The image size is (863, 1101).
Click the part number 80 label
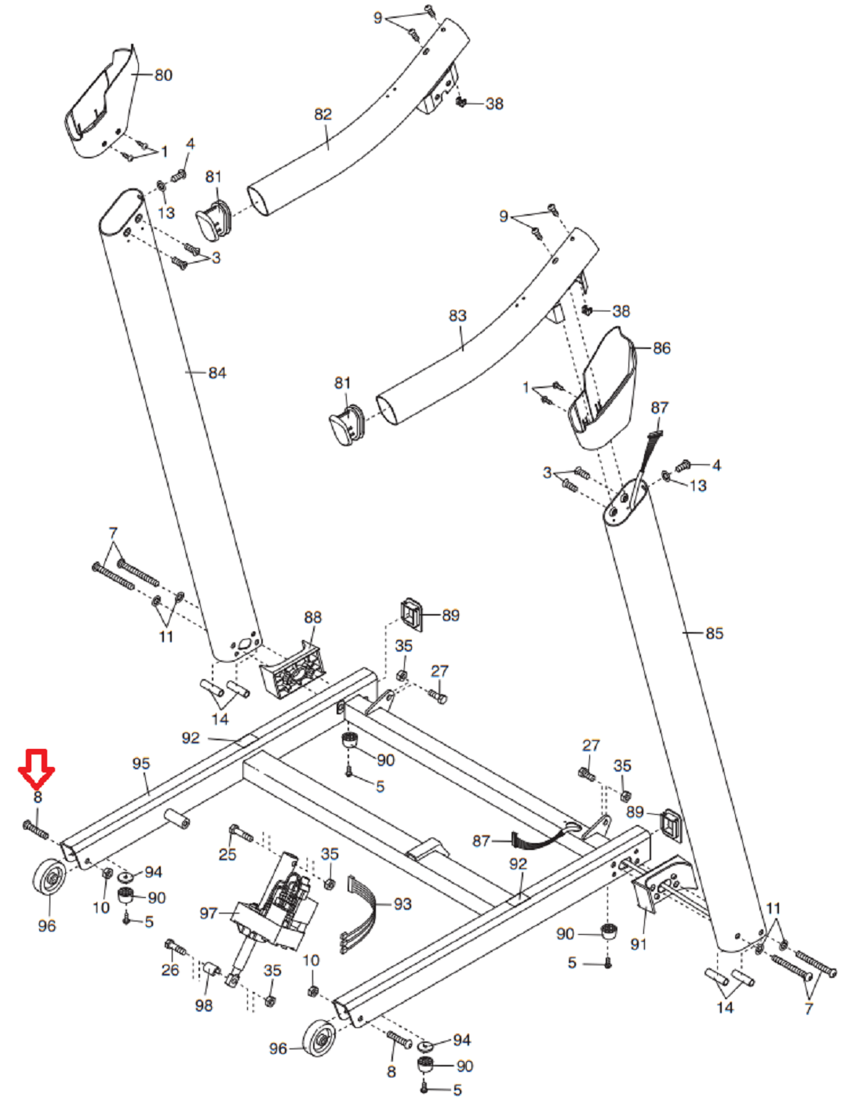coord(163,75)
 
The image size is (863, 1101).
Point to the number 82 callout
coord(323,114)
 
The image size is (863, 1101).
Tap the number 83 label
coord(457,316)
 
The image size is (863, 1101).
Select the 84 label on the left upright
coord(217,373)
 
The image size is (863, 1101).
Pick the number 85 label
coord(714,634)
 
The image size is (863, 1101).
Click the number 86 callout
coord(661,348)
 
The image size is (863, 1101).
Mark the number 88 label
coord(312,618)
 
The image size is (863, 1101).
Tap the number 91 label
coord(639,944)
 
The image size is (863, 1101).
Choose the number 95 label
coord(141,764)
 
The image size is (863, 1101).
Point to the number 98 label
coord(203,1005)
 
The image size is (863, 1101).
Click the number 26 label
coord(170,971)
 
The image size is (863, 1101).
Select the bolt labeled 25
coord(241,834)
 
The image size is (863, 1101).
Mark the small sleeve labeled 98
coord(210,969)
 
